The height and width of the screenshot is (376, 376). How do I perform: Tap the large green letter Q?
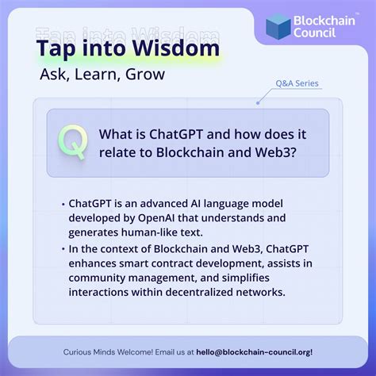pos(73,141)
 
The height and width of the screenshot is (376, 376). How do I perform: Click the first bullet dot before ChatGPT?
pos(63,203)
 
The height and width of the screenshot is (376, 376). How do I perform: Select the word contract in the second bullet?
pos(184,263)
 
